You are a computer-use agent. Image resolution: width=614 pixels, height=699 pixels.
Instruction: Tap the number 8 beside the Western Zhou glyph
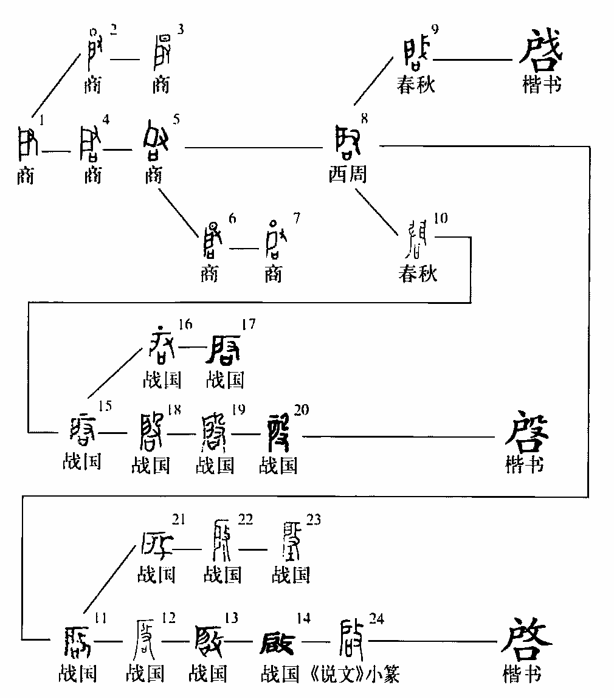(x=364, y=119)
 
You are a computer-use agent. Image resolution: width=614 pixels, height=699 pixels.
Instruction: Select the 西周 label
(x=348, y=175)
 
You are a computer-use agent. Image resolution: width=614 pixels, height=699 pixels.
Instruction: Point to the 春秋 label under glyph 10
(x=418, y=274)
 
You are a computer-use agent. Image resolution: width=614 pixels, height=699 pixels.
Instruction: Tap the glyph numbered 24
(x=352, y=638)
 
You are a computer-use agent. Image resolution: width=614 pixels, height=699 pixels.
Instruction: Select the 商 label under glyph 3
(x=160, y=84)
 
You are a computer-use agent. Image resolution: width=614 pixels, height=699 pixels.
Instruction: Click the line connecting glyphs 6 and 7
(x=243, y=247)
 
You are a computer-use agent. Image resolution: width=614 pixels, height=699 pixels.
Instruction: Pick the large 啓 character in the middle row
(x=527, y=432)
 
